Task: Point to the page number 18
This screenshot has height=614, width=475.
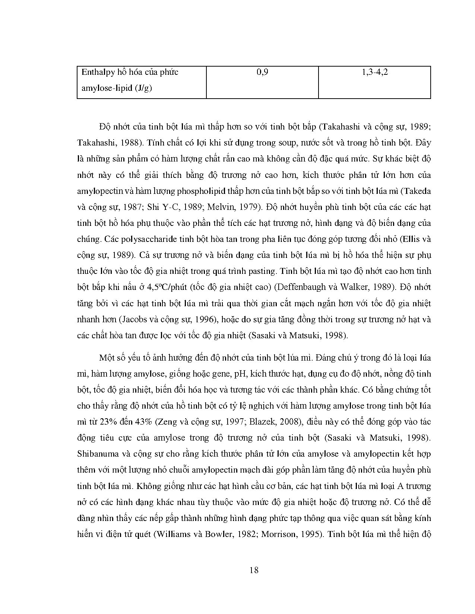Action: (x=254, y=570)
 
